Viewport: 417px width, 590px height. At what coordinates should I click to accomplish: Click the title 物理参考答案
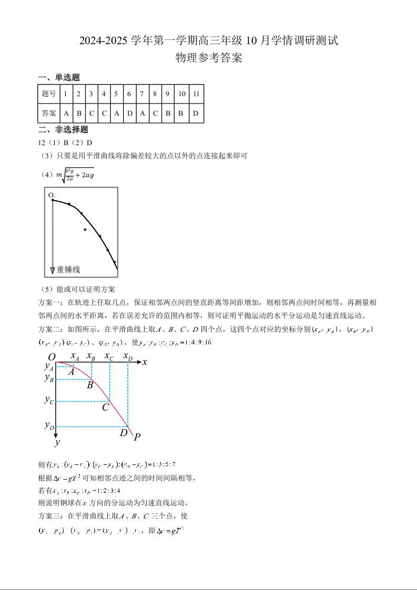tap(209, 58)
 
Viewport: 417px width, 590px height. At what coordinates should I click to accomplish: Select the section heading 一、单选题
tap(59, 77)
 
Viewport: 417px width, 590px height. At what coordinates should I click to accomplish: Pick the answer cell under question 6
tap(129, 113)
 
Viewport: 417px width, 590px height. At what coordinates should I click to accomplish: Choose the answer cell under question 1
tap(66, 113)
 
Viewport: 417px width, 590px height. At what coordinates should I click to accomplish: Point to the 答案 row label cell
tap(48, 113)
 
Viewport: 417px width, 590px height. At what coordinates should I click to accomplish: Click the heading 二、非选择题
tap(63, 130)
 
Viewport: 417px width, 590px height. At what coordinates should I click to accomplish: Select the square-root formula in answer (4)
tap(77, 175)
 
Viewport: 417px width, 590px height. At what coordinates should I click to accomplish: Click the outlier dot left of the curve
tap(85, 230)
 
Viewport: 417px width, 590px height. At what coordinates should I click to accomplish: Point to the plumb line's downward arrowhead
tap(53, 270)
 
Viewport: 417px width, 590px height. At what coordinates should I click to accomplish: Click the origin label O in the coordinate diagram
tap(52, 357)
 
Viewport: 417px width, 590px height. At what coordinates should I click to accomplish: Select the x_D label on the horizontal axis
tap(127, 357)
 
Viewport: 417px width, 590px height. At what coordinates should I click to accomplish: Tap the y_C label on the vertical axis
tap(49, 400)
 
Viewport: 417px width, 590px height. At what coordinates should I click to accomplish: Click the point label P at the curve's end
tap(137, 437)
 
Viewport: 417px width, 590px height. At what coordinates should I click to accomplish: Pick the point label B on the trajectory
tap(90, 385)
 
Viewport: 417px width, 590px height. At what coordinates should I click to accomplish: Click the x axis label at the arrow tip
tap(145, 362)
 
